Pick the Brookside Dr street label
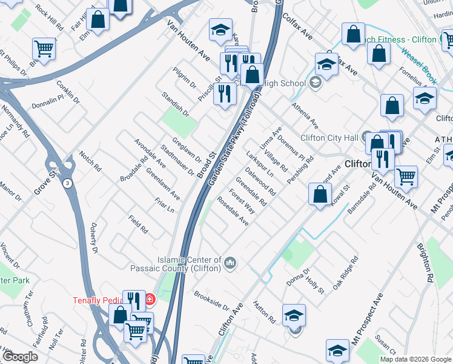[211, 302]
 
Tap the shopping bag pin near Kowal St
[320, 194]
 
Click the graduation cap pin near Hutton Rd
[294, 315]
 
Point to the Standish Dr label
[176, 104]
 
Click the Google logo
[21, 357]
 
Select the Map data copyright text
[415, 359]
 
